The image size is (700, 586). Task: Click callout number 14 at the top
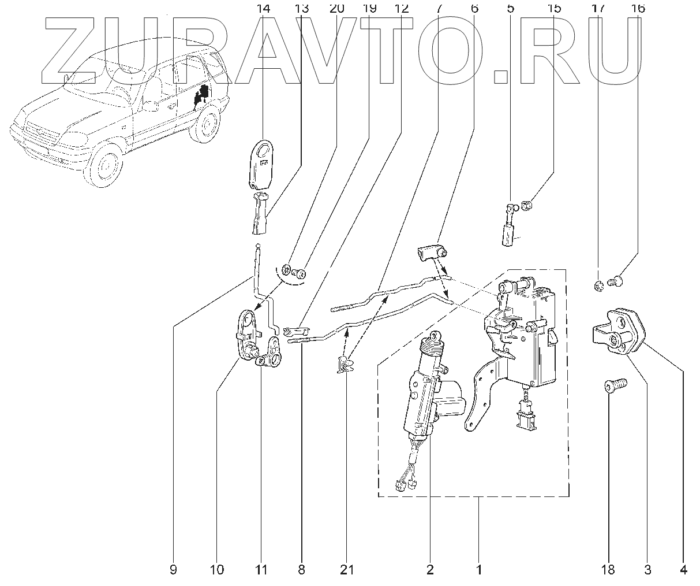click(263, 9)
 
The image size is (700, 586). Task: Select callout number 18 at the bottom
click(608, 570)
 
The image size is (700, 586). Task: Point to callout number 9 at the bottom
click(173, 570)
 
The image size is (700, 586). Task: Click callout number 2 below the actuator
click(430, 570)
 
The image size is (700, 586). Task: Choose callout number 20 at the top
click(337, 9)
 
